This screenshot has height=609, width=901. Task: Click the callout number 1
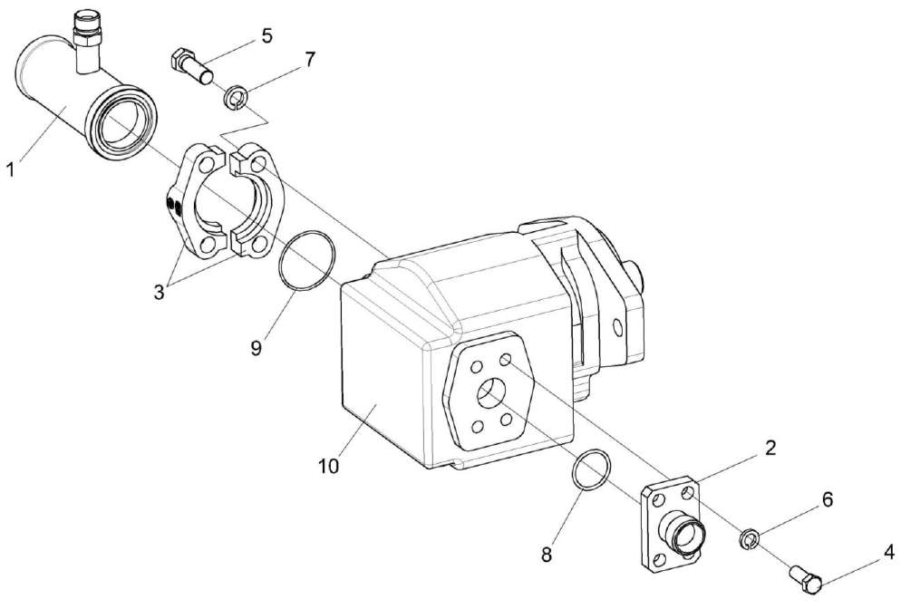[11, 169]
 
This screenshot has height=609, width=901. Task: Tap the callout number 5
[266, 36]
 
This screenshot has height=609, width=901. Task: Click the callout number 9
[257, 347]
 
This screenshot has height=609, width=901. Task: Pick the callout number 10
[328, 466]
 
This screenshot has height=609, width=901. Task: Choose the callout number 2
[769, 447]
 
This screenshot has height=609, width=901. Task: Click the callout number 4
[888, 549]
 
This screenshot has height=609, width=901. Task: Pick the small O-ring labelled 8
[591, 470]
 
